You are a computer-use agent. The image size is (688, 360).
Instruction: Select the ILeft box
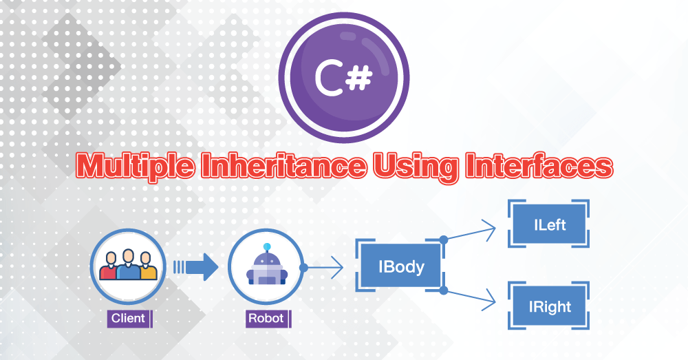(549, 224)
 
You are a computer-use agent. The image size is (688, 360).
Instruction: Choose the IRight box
(549, 305)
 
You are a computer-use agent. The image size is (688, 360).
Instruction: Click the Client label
(128, 318)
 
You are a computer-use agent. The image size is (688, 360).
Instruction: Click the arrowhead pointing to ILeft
(490, 229)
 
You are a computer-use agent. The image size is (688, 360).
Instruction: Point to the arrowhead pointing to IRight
(490, 299)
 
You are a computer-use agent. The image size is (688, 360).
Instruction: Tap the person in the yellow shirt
(146, 266)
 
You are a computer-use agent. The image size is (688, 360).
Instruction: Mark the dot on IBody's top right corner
(444, 240)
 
